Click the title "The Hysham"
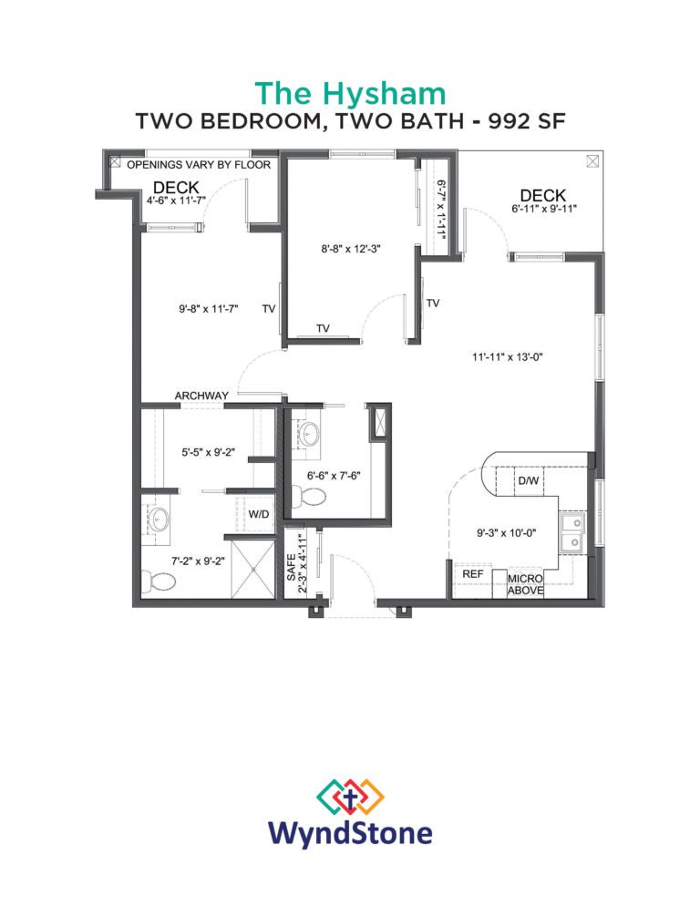350,94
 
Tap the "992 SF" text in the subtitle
527,121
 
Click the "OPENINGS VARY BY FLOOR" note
199,165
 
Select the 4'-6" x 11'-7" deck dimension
176,201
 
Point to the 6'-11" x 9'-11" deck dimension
544,209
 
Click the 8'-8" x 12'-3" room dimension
351,249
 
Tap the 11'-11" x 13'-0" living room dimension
508,357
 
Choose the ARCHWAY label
201,396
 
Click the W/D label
258,514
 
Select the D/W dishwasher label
529,480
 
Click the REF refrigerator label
473,573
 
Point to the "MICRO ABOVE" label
525,585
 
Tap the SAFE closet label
292,568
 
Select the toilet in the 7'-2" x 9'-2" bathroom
159,581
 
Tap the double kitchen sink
572,532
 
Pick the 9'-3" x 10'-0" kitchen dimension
507,532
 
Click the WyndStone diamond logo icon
350,797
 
